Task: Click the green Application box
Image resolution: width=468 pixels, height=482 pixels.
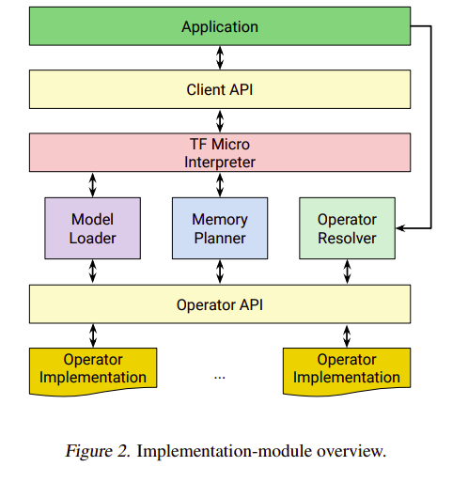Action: click(220, 27)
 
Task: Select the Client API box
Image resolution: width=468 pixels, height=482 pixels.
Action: click(220, 90)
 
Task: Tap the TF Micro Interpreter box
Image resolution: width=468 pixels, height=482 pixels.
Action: click(220, 152)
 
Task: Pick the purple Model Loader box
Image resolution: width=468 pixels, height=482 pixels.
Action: click(92, 228)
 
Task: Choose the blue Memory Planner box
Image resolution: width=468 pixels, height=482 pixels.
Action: click(220, 228)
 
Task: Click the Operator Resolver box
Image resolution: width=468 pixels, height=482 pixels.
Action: click(347, 228)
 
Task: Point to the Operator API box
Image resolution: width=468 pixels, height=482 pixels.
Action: click(220, 304)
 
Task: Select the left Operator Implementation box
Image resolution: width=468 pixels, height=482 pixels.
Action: click(92, 368)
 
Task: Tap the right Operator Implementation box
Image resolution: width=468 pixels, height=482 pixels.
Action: click(347, 368)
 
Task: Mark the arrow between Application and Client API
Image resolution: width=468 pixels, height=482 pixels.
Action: click(220, 58)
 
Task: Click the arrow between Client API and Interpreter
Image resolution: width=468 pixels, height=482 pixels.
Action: click(220, 121)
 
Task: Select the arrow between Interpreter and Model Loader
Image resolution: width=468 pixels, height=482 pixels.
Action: click(92, 183)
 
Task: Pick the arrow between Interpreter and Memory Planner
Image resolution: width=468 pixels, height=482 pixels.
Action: click(220, 183)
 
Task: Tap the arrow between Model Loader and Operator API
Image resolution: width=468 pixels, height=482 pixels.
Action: click(92, 272)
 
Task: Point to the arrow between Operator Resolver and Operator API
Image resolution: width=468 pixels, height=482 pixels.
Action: click(347, 272)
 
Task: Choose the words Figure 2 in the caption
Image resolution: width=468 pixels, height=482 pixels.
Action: click(98, 451)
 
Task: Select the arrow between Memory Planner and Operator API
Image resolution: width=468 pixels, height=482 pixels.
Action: click(220, 272)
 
